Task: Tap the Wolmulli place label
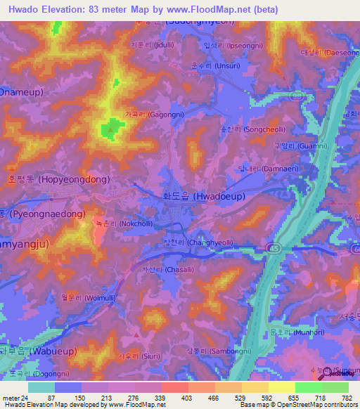82,298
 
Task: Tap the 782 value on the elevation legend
346,398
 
